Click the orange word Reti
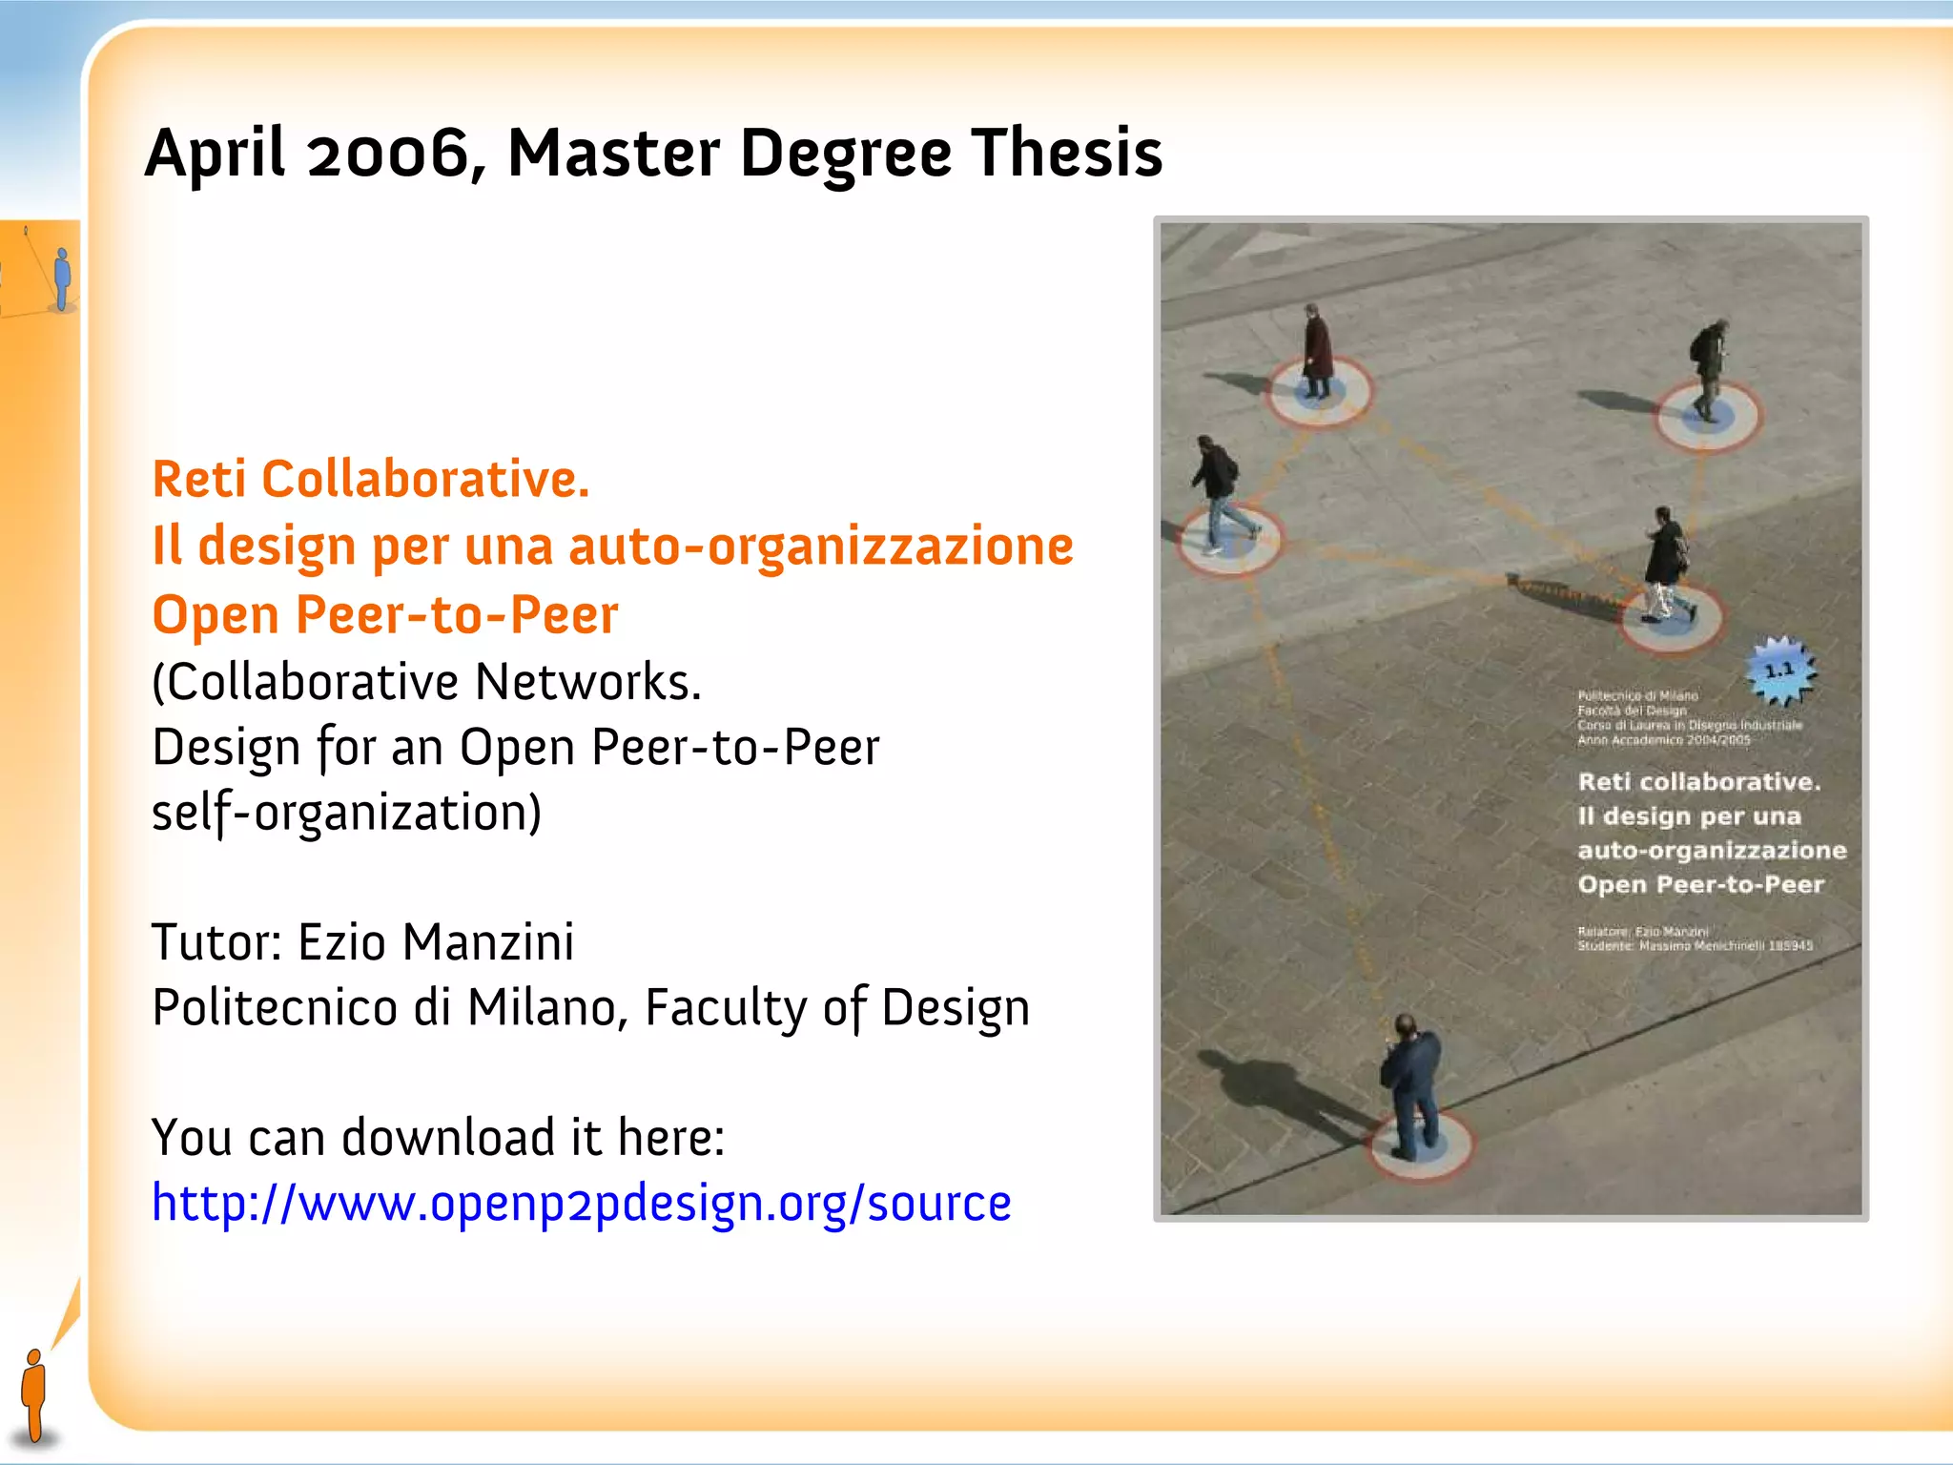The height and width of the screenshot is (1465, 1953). coord(199,479)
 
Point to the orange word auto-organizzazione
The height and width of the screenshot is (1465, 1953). coord(821,547)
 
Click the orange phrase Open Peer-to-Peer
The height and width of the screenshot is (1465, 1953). coord(385,615)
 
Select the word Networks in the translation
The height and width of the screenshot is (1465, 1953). coord(587,683)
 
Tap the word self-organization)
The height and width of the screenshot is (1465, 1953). coord(346,814)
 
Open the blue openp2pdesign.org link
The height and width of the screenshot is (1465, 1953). coord(582,1203)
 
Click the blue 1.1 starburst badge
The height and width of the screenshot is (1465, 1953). coord(1779,671)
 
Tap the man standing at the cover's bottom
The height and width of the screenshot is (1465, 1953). coord(1411,1087)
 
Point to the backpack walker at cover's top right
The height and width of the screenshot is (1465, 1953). coord(1708,367)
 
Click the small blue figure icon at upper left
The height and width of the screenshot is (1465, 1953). coord(63,279)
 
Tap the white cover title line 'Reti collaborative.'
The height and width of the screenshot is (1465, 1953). coord(1698,782)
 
